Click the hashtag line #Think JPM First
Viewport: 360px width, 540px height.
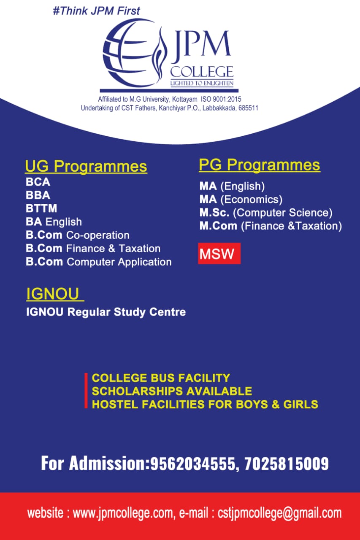point(97,11)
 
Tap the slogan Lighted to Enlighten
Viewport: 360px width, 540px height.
point(202,84)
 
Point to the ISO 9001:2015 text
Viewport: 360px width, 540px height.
point(221,99)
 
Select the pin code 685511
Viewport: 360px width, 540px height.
point(248,108)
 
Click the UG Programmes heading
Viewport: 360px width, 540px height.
point(86,166)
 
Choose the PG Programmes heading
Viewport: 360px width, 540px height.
point(260,165)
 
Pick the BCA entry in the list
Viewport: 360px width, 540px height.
point(38,182)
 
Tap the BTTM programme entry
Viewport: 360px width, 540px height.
point(41,208)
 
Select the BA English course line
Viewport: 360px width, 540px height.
point(54,222)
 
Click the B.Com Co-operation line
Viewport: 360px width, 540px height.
point(78,235)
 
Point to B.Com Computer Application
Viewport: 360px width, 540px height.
point(99,262)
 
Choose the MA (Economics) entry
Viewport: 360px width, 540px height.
point(241,200)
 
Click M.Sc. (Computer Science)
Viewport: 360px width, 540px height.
point(266,213)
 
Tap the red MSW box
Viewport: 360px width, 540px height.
point(219,254)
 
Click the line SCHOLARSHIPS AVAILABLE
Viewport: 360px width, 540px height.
point(172,391)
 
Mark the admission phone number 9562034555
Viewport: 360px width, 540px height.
point(192,463)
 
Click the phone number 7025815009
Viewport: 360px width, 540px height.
point(287,463)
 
